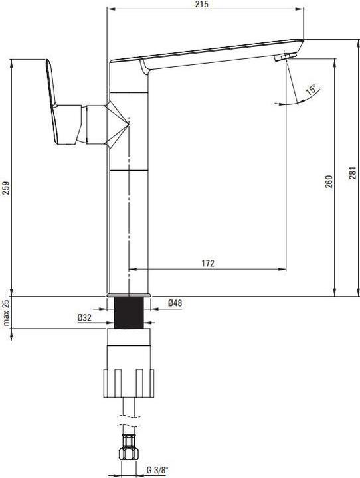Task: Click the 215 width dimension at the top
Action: click(x=203, y=5)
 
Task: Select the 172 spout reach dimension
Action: click(x=207, y=264)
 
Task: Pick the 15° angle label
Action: click(x=310, y=90)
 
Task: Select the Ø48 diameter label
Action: click(x=175, y=303)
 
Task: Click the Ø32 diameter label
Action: click(x=84, y=319)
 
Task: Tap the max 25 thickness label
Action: click(x=7, y=313)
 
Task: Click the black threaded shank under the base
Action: click(x=130, y=312)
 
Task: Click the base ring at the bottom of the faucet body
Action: click(x=130, y=293)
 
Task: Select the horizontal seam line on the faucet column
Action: click(x=130, y=170)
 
